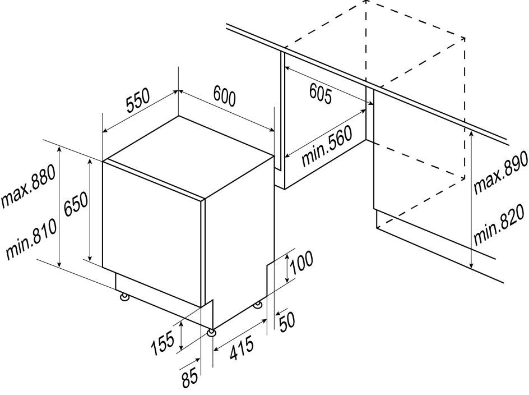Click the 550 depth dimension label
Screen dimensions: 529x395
(137, 103)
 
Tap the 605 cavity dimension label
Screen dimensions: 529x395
(320, 95)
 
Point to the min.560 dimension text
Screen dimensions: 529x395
(327, 146)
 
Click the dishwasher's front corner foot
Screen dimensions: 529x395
(211, 333)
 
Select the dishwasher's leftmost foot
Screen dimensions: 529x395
(122, 296)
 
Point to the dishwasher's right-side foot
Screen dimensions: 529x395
(257, 305)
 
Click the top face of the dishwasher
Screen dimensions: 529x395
(188, 155)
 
